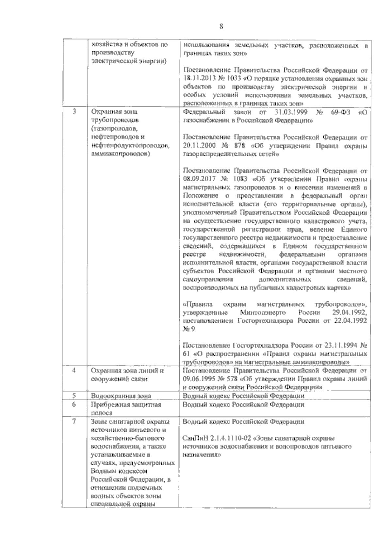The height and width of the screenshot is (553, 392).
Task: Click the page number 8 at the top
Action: point(221,27)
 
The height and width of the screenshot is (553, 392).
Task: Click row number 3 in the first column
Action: point(74,111)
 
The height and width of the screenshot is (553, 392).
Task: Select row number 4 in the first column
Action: point(74,371)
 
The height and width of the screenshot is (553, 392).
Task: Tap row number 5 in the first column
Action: point(74,396)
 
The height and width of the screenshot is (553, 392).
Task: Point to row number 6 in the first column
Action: point(74,404)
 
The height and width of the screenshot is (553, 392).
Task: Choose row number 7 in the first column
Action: point(74,421)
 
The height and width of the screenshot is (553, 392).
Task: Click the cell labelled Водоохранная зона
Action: point(121,396)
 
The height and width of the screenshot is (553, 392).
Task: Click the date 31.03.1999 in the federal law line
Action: point(290,112)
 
